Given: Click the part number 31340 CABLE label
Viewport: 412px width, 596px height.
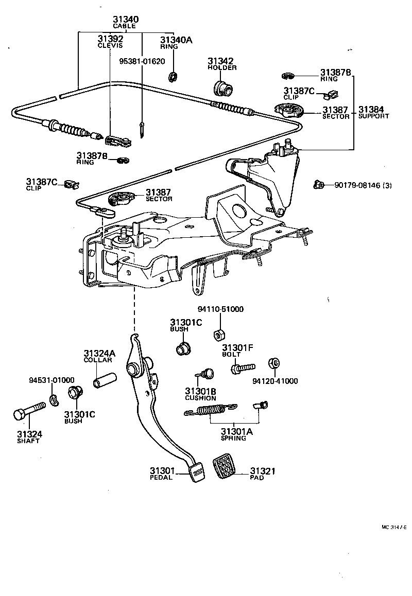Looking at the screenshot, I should pos(126,22).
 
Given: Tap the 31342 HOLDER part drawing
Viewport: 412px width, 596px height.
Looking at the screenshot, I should pos(222,86).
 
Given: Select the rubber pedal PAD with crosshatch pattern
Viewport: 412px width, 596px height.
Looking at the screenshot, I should pos(225,466).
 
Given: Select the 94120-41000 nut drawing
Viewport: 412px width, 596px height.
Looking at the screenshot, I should pos(274,363).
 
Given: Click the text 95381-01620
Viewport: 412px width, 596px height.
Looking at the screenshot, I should pos(142,60).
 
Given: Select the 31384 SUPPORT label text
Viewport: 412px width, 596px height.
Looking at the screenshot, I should pos(373,112).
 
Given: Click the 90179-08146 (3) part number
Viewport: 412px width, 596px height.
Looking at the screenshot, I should pos(363,186).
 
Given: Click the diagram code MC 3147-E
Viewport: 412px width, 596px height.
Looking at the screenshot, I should pos(394,527).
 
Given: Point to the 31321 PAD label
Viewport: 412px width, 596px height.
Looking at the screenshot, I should pos(263,474).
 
